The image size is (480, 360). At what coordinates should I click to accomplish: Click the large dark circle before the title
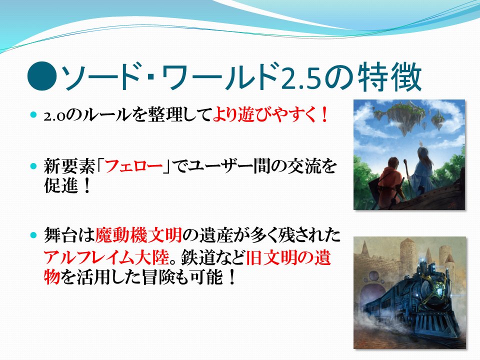point(42,76)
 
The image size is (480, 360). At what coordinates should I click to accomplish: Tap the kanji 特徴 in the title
point(389,76)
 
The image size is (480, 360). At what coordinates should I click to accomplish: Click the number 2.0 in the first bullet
point(55,116)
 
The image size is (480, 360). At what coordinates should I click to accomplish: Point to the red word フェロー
point(134,167)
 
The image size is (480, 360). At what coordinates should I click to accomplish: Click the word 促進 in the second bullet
point(61,185)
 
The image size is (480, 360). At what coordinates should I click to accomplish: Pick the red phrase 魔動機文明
point(138,235)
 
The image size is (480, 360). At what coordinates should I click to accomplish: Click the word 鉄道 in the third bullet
point(198,257)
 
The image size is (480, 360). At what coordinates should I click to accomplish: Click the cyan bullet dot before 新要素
point(33,166)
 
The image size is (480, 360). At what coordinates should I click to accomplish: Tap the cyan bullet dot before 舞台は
point(33,235)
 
